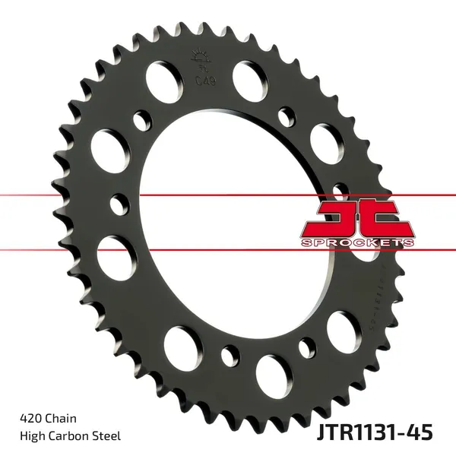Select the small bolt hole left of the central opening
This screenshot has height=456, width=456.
119,204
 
